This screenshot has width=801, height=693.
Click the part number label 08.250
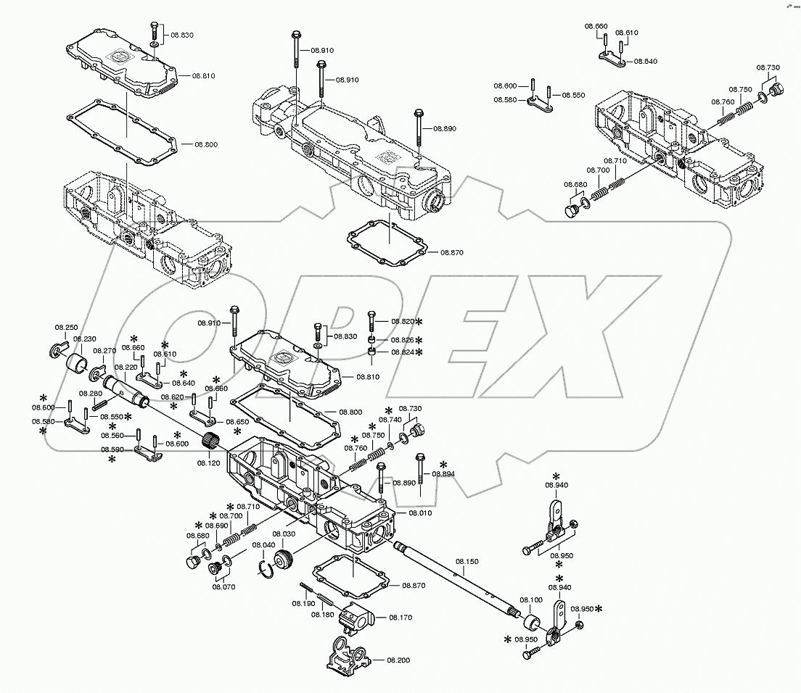click(x=67, y=328)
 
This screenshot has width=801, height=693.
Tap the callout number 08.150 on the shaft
click(x=467, y=561)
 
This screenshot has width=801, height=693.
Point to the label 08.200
click(x=398, y=660)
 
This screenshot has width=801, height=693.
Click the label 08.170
click(x=400, y=618)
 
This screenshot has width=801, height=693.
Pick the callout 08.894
click(x=443, y=473)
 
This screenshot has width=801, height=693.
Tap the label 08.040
click(x=263, y=544)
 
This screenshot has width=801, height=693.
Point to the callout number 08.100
click(x=531, y=600)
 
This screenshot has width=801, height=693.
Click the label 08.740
click(x=390, y=420)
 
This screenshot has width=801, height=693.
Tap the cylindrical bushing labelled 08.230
click(x=76, y=362)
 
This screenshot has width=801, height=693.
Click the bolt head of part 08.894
click(x=420, y=457)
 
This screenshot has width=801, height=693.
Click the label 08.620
click(x=172, y=397)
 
